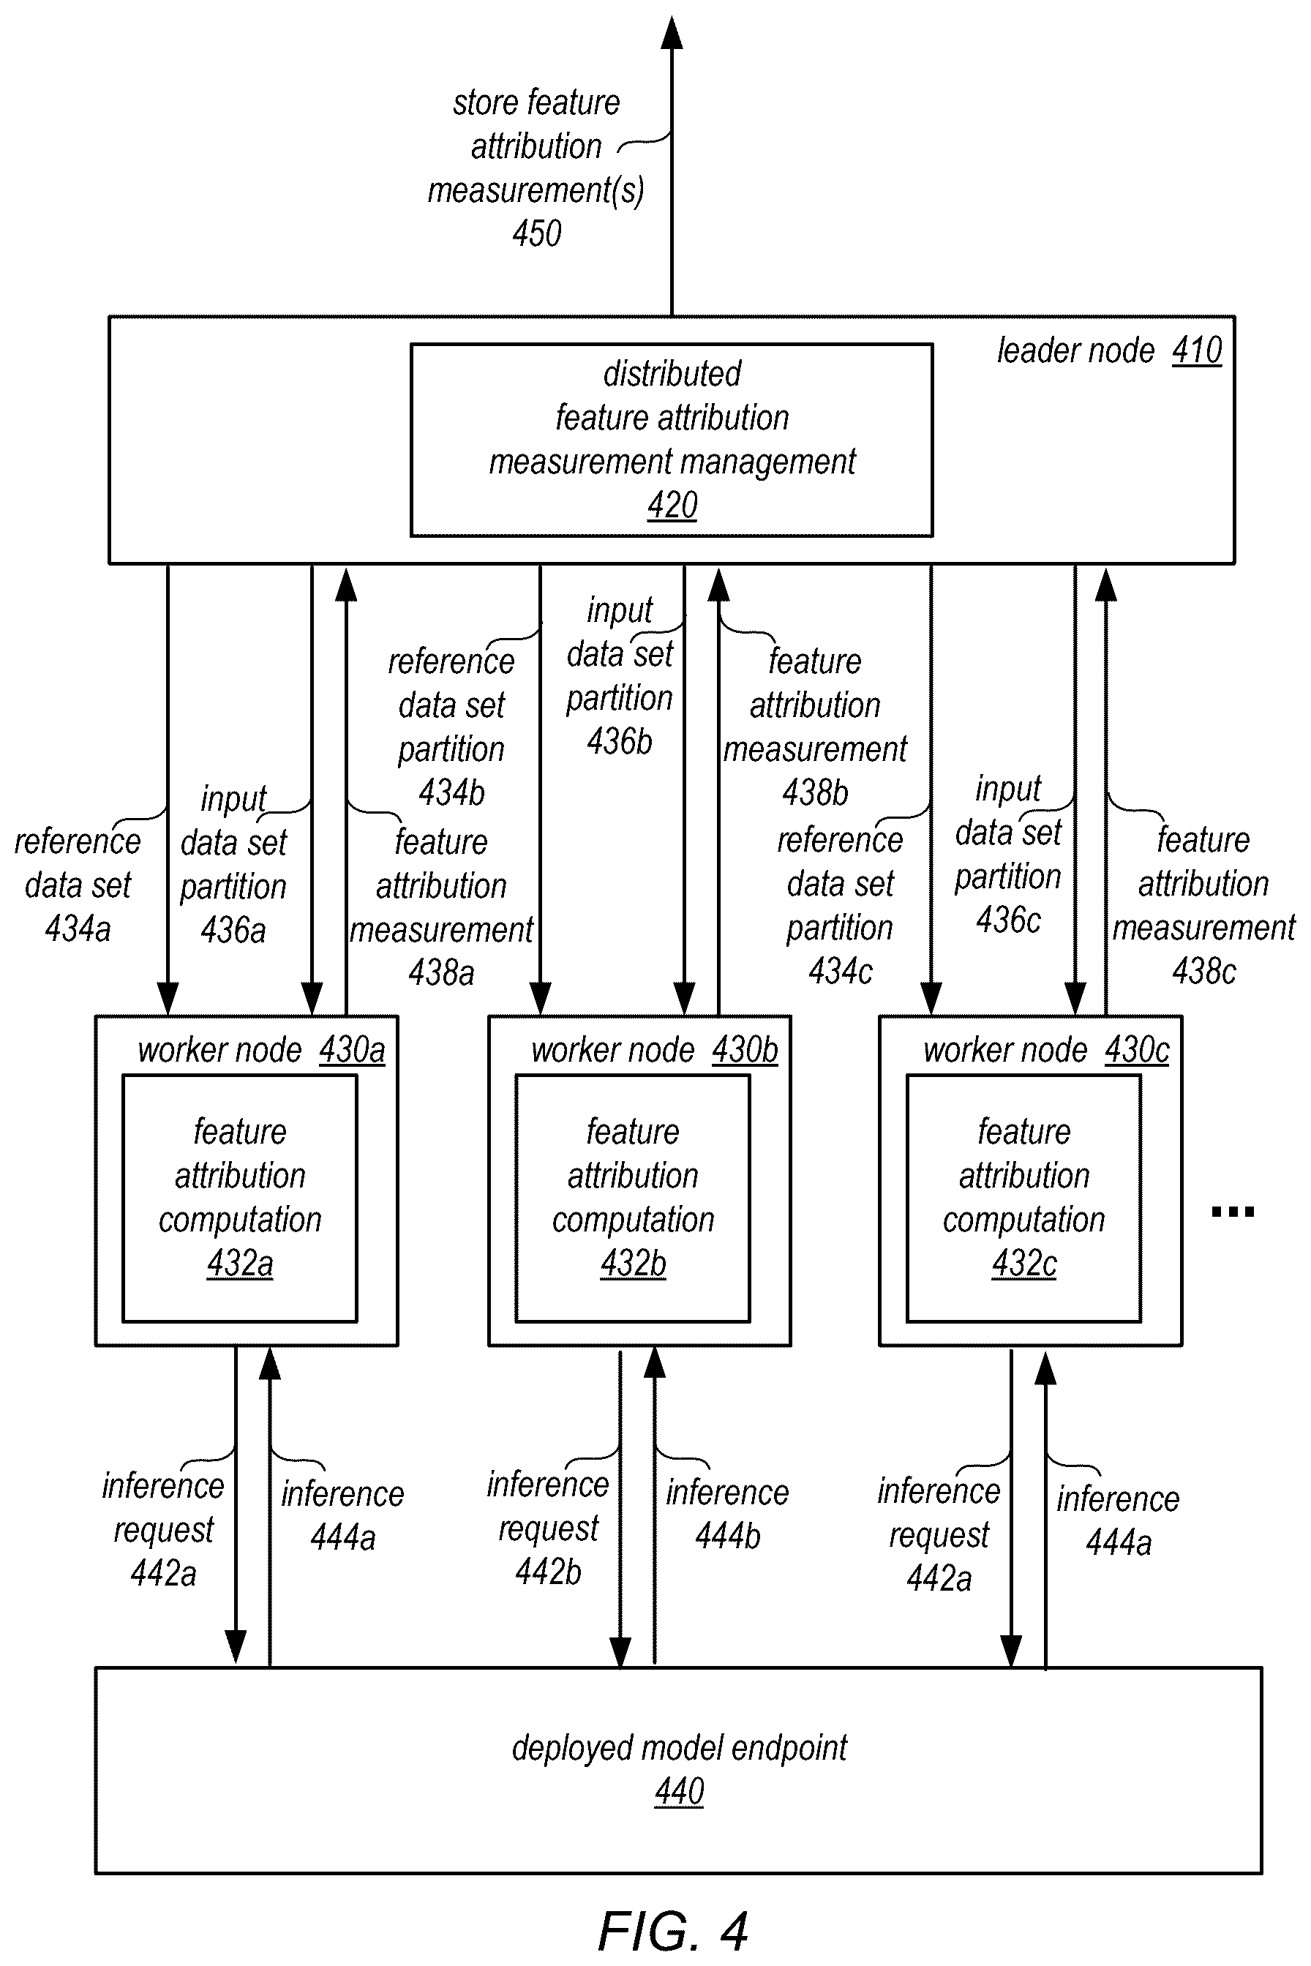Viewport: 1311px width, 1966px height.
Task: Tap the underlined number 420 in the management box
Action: coord(672,505)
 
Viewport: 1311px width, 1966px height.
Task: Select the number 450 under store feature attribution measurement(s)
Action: coord(537,233)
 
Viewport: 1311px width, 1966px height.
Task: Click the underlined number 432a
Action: coord(240,1264)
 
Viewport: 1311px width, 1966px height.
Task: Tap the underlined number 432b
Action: coord(633,1264)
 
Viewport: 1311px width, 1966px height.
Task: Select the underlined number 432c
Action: coord(1024,1264)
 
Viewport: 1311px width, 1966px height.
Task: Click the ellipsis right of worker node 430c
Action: coord(1233,1211)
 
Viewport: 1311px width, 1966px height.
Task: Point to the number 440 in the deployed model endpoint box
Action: coord(679,1791)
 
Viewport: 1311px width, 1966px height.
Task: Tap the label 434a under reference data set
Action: coord(78,928)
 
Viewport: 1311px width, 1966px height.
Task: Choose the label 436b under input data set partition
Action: coord(620,741)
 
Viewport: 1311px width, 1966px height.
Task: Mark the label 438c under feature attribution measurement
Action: coord(1204,971)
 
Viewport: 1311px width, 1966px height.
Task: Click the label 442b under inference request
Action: coord(549,1572)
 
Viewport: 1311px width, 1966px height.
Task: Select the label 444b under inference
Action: coord(728,1535)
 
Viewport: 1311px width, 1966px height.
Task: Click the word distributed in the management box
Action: coord(672,374)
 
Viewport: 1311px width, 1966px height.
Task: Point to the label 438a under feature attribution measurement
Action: coord(441,972)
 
